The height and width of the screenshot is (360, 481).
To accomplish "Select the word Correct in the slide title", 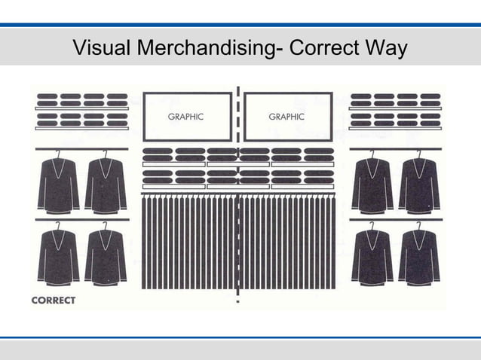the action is coord(322,49).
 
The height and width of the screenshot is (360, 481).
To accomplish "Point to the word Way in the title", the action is coord(385,49).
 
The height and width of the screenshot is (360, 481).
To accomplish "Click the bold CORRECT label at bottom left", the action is coord(53,301).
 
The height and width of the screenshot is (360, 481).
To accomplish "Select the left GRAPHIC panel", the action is coord(187,116).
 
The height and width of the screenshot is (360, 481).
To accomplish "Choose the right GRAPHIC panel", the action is coord(287,116).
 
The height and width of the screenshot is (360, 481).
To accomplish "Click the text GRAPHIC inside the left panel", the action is coord(185,117).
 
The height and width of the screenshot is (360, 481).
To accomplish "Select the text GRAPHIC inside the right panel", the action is coord(286,117).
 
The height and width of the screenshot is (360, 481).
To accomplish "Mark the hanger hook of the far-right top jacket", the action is coord(419,154).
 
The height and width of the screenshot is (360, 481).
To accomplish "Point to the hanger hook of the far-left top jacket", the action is coord(59,154).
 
